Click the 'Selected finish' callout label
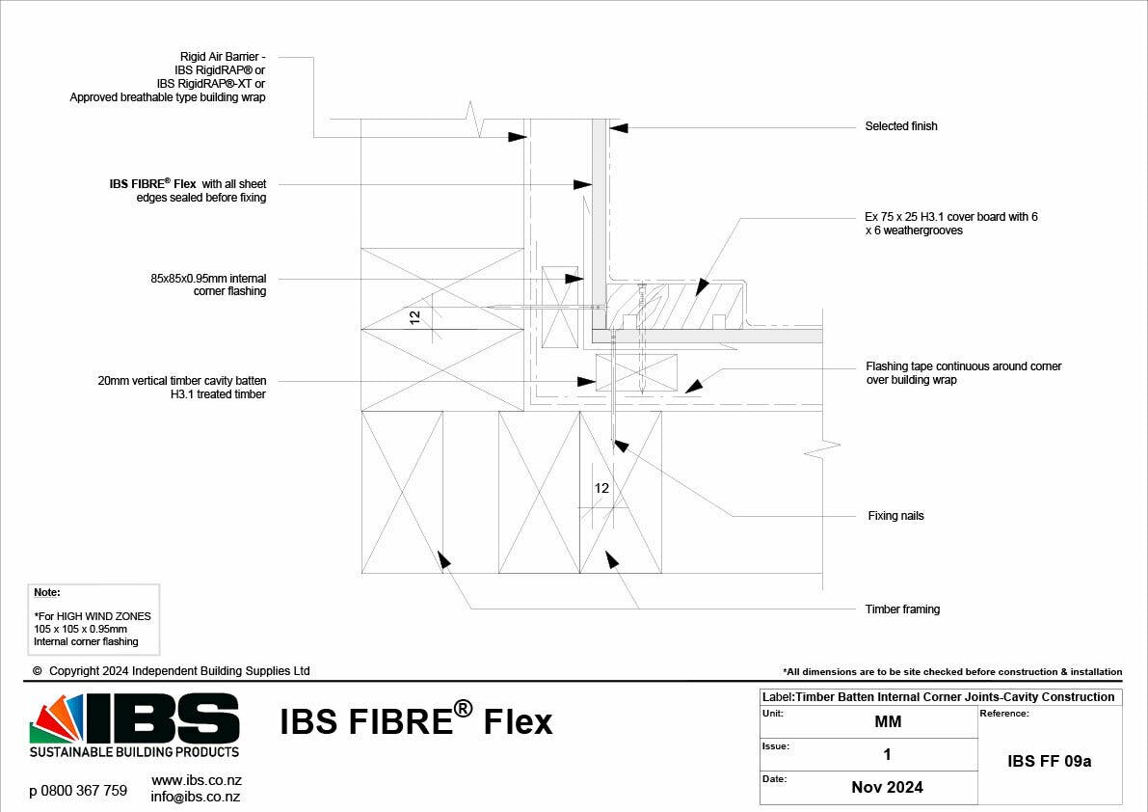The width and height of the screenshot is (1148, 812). [x=900, y=126]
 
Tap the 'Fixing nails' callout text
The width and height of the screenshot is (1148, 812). [x=895, y=516]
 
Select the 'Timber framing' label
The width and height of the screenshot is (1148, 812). [x=902, y=609]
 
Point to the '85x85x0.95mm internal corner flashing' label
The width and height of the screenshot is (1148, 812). [x=208, y=284]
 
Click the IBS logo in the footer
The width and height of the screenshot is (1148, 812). [x=135, y=724]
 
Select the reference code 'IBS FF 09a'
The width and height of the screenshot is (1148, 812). [x=1049, y=761]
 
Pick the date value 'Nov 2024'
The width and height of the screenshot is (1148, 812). [x=887, y=787]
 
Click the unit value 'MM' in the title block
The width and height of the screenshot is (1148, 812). [x=887, y=722]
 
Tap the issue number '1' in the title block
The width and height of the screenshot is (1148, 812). [x=887, y=755]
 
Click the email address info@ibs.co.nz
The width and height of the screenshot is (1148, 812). [x=196, y=797]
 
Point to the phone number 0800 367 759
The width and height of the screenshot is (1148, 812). [x=78, y=791]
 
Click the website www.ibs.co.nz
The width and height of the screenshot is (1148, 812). [x=197, y=779]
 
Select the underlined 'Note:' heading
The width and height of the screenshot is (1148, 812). [x=46, y=593]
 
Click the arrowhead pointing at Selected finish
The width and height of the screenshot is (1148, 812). [x=618, y=127]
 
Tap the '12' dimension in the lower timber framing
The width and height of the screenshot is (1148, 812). [x=601, y=488]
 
